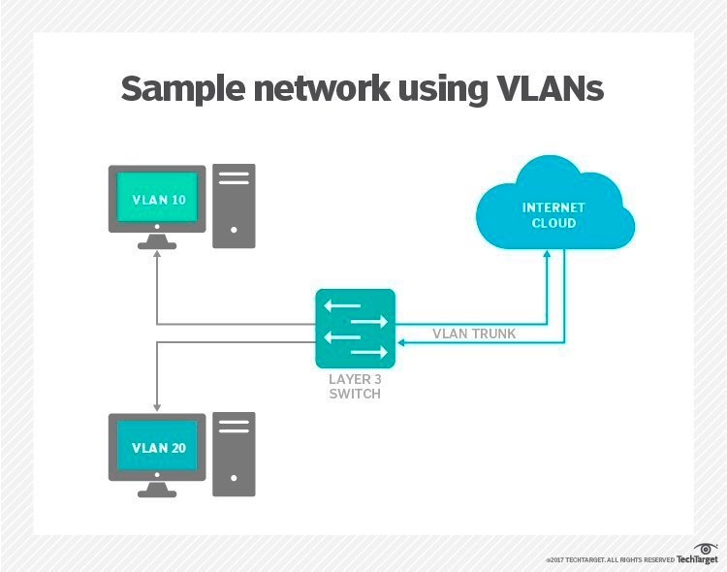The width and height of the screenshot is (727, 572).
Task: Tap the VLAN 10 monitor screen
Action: pyautogui.click(x=157, y=201)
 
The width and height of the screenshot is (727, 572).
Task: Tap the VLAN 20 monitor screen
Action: pyautogui.click(x=157, y=449)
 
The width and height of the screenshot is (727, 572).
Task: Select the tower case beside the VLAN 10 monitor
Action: pyautogui.click(x=234, y=206)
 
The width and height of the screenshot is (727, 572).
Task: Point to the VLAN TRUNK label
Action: pyautogui.click(x=474, y=334)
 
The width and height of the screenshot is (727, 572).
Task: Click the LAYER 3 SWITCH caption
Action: pyautogui.click(x=355, y=388)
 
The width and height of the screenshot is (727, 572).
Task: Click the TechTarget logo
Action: pyautogui.click(x=697, y=556)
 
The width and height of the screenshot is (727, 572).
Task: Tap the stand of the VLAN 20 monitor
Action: pyautogui.click(x=157, y=490)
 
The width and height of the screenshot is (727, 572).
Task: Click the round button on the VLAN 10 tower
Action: pyautogui.click(x=234, y=231)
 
